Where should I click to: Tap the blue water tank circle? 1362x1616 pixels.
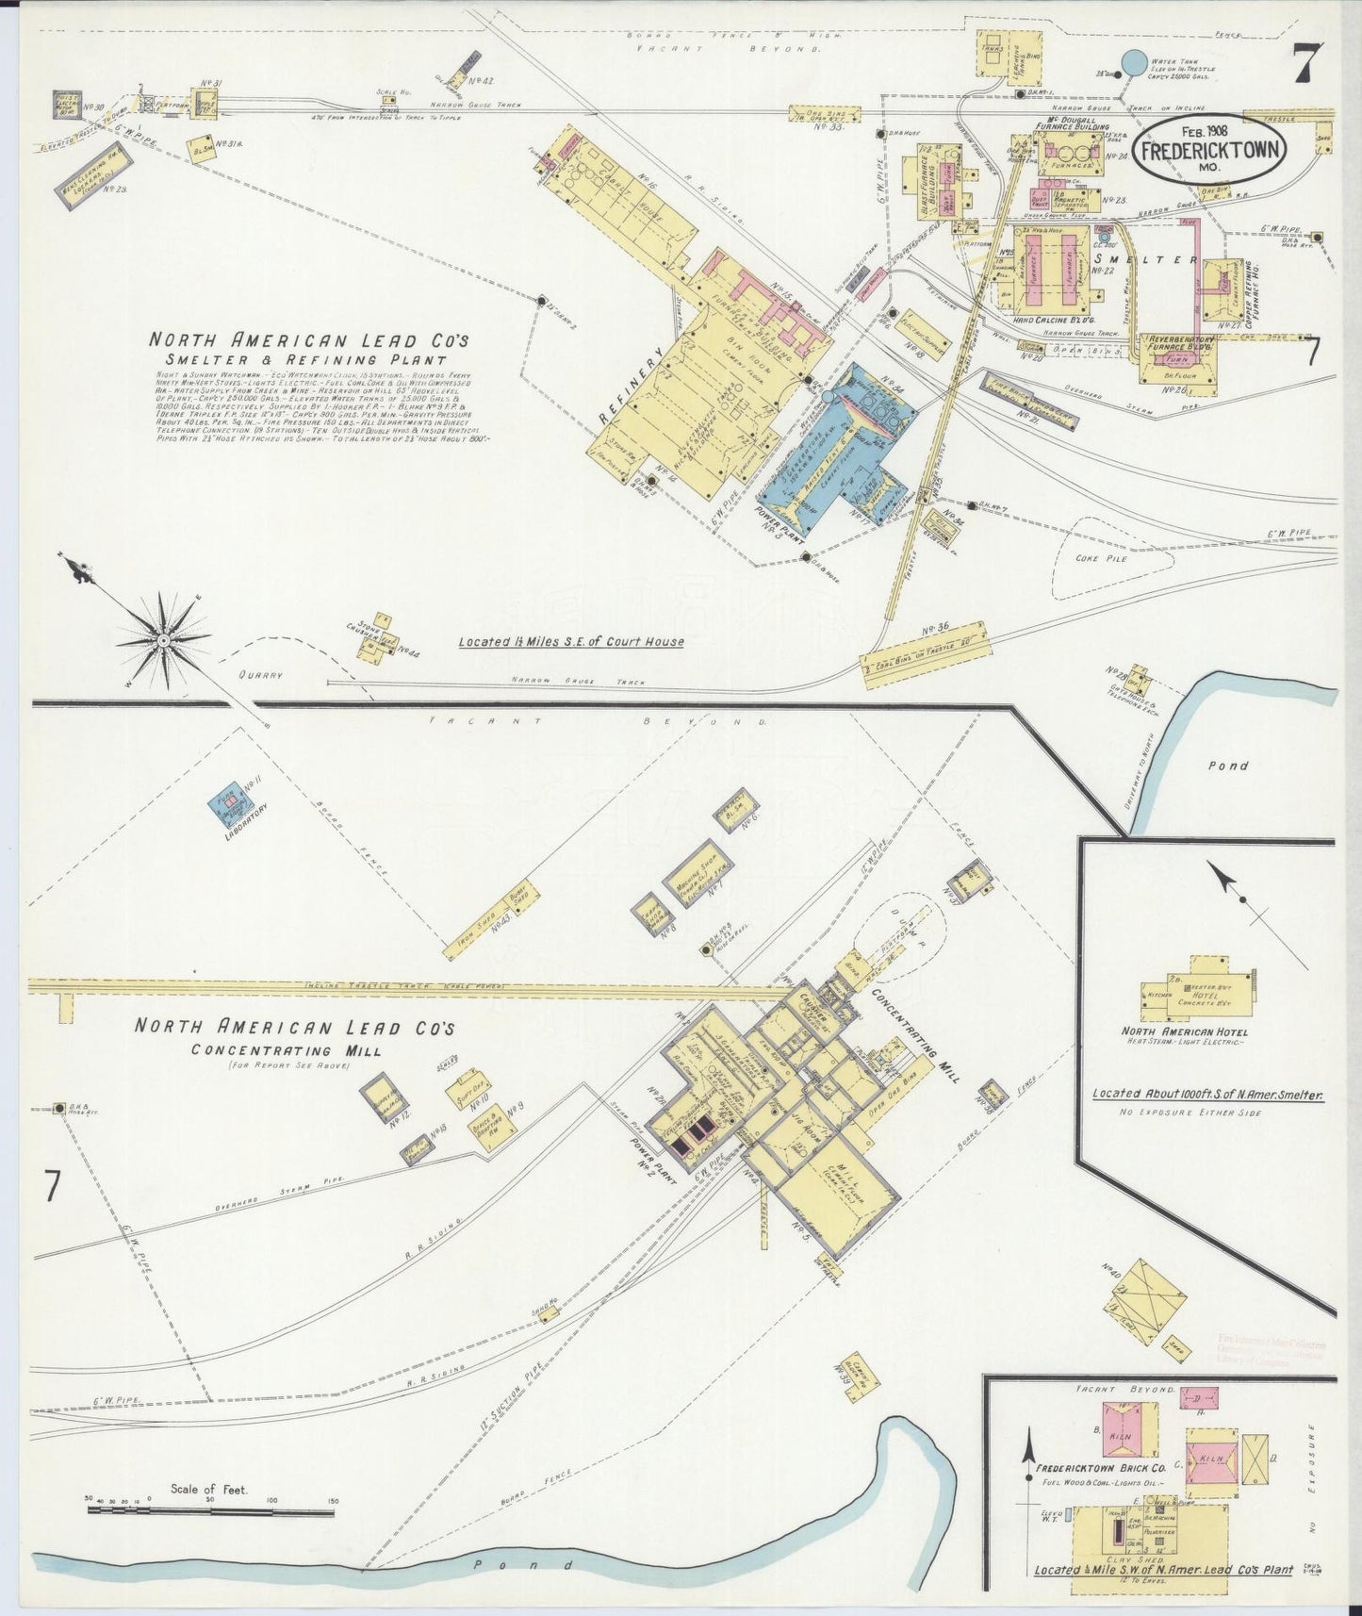coord(1134,62)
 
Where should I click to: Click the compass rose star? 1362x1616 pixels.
coord(164,640)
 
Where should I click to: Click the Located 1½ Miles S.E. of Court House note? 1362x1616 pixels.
coord(571,641)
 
